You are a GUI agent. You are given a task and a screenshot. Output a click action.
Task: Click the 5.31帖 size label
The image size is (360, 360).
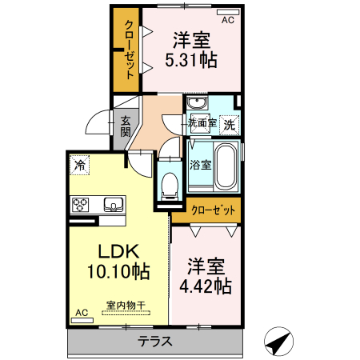(190, 59)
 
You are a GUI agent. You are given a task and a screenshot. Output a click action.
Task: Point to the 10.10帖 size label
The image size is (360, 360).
(118, 272)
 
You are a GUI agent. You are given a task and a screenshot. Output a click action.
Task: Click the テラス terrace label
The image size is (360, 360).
(154, 342)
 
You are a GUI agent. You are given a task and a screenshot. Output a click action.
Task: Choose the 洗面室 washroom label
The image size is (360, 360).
(202, 124)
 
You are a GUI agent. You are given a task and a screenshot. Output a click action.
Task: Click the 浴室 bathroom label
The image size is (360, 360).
(200, 166)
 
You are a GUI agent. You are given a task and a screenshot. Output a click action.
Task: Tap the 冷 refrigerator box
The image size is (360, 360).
(79, 165)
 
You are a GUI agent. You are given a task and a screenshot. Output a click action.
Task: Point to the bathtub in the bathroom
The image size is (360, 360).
(226, 166)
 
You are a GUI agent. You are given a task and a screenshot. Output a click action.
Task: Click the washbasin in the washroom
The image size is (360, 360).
(196, 105)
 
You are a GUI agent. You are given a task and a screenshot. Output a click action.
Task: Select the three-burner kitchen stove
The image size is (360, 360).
(82, 204)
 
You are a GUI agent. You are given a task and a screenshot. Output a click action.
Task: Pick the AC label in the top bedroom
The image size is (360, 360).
(226, 19)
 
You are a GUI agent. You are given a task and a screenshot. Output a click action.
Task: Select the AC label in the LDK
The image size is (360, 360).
(81, 312)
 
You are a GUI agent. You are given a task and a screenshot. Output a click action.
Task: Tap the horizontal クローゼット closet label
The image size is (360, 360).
(214, 210)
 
